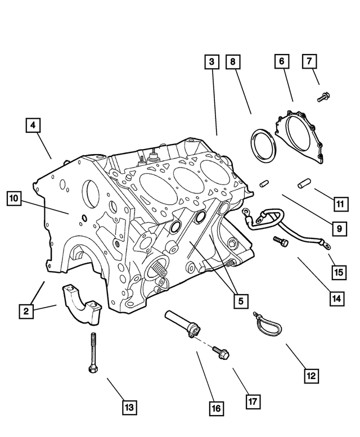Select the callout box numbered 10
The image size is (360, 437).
pyautogui.click(x=14, y=198)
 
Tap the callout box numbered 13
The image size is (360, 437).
pyautogui.click(x=129, y=407)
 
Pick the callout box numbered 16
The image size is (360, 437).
pyautogui.click(x=216, y=408)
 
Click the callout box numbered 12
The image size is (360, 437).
pyautogui.click(x=311, y=376)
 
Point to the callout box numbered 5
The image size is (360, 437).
pyautogui.click(x=240, y=301)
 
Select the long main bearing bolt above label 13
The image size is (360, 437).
pyautogui.click(x=91, y=352)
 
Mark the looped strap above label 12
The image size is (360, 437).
pyautogui.click(x=267, y=325)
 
